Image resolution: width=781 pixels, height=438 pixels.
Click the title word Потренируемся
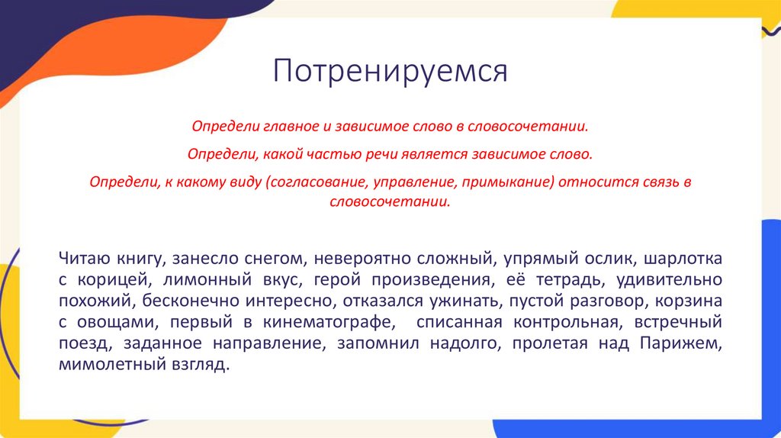click(x=390, y=72)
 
